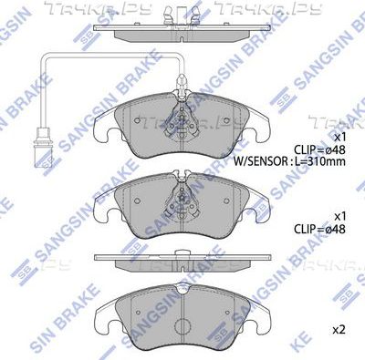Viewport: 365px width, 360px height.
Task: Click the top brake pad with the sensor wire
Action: tap(182, 137)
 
